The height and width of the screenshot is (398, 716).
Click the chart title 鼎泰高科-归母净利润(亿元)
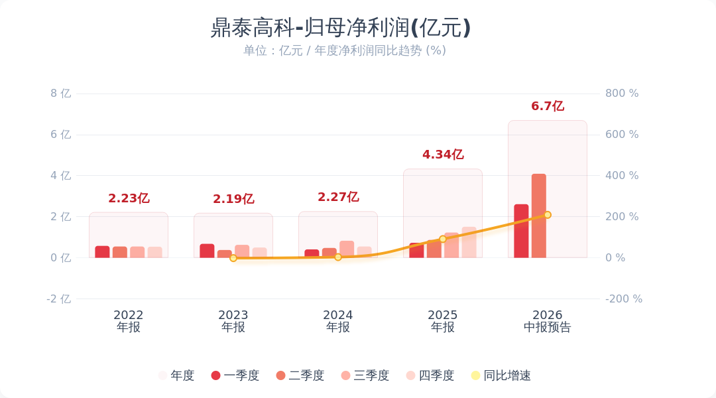coord(340,27)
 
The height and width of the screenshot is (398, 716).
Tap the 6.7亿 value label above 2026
coord(548,106)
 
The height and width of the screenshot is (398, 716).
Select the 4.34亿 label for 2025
coord(443,155)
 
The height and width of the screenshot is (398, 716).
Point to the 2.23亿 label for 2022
coord(129,198)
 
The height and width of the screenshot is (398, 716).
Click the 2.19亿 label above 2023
coord(233,199)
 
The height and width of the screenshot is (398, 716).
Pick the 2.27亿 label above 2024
coord(338,197)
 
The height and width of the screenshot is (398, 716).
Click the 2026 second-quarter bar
coord(539,216)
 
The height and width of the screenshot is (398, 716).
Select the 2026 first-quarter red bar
coord(521,231)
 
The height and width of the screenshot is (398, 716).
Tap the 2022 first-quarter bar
coord(102,252)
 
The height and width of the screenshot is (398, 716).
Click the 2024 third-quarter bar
coord(347,249)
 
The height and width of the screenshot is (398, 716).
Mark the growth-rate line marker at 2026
coord(548,215)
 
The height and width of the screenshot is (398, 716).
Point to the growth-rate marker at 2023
coord(233,258)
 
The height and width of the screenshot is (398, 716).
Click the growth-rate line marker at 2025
coord(442,239)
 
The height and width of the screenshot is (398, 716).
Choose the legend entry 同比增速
coord(501,375)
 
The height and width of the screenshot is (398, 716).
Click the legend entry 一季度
coord(235,375)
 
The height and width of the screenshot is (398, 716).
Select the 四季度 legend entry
coord(430,375)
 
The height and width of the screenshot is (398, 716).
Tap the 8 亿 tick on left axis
coord(61,94)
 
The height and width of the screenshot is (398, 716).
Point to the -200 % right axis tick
coord(624,299)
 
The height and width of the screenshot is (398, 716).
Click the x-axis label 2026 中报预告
coord(548,321)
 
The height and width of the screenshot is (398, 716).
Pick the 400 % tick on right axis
coord(622,176)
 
